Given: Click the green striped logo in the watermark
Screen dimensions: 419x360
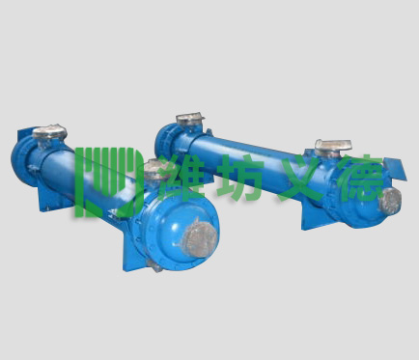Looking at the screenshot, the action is [x=108, y=182].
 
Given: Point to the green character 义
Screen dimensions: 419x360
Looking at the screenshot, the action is [x=297, y=178].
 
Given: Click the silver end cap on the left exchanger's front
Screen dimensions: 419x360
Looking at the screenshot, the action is [x=200, y=238].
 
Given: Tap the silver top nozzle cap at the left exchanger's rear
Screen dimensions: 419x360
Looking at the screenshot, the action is [x=49, y=132].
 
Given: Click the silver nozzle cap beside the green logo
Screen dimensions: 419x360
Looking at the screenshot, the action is [x=154, y=169].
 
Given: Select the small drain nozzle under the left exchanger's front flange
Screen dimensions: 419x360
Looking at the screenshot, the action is [x=155, y=266].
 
